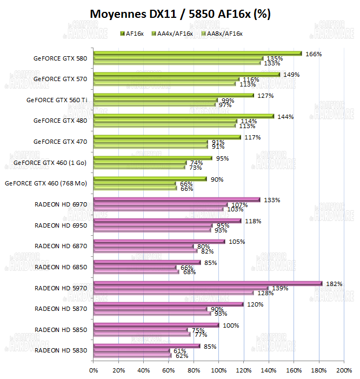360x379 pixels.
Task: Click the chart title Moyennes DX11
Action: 180,14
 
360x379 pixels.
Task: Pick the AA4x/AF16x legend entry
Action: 172,34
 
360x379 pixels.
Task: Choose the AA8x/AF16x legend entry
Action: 222,34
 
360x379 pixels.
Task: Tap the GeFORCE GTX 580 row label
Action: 60,58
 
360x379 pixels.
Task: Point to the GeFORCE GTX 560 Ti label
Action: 57,99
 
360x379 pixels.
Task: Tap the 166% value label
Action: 314,54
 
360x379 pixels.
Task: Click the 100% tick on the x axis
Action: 219,370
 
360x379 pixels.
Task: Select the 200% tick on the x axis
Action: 344,370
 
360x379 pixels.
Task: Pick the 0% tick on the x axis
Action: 94,370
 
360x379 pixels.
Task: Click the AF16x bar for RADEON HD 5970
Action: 208,283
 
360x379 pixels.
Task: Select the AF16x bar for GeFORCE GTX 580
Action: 197,54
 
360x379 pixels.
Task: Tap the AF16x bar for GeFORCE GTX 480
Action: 184,116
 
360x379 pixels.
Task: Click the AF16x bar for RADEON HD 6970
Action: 177,200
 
